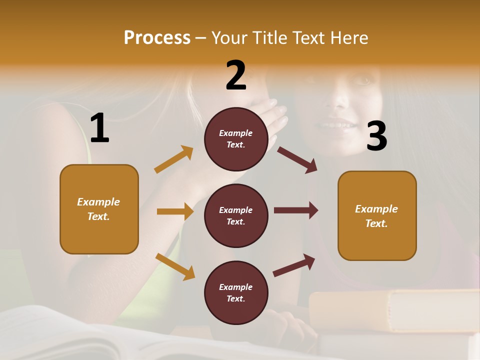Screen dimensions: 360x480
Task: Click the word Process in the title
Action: click(157, 38)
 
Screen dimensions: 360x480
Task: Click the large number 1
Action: click(99, 128)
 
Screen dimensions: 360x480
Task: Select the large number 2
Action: click(236, 75)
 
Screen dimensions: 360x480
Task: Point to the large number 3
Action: click(377, 136)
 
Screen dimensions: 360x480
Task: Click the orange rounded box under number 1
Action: click(99, 209)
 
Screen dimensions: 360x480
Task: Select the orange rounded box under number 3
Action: click(377, 216)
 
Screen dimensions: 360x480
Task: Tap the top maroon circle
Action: click(236, 139)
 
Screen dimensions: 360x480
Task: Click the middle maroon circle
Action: click(236, 215)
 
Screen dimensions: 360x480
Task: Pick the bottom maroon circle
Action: click(236, 292)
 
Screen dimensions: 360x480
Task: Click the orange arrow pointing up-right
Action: click(174, 159)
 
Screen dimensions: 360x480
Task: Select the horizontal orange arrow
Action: click(175, 211)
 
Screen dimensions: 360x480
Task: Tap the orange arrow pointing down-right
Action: click(175, 266)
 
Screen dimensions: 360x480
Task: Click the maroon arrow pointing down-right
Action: click(297, 159)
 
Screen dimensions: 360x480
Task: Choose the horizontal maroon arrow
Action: click(296, 210)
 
